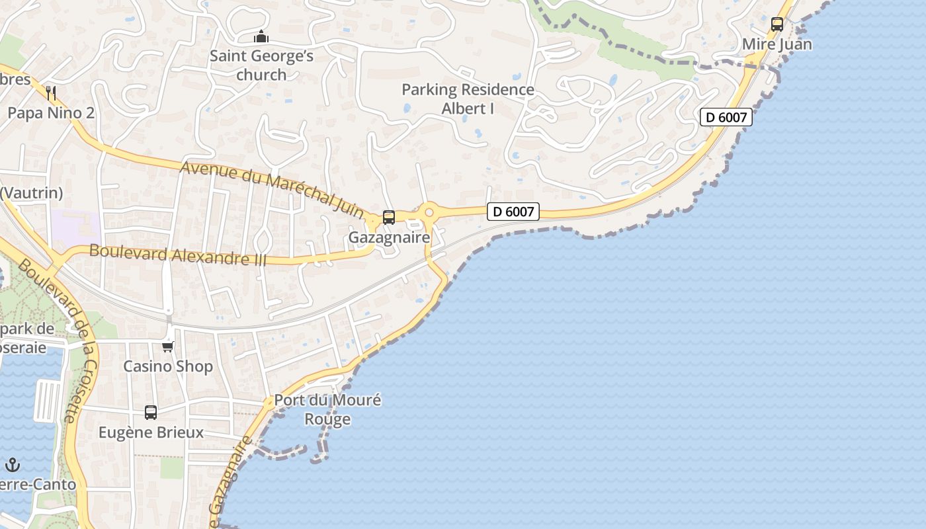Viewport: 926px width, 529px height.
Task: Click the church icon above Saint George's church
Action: [x=261, y=36]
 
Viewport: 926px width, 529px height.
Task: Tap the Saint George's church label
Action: [x=261, y=65]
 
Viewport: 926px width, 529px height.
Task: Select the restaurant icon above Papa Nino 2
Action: [x=51, y=93]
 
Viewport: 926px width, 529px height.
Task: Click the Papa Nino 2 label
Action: [x=51, y=113]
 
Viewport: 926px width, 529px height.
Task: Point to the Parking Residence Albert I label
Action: [x=468, y=99]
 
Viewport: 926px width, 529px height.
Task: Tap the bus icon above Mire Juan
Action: [x=777, y=24]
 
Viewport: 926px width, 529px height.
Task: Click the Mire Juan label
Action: [x=777, y=44]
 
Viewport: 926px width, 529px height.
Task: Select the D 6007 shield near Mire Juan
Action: [x=726, y=118]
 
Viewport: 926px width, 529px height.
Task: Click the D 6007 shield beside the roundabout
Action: [x=513, y=212]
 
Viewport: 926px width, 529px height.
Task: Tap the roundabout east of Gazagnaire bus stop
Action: [x=429, y=212]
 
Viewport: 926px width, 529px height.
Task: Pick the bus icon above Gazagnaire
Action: [x=389, y=218]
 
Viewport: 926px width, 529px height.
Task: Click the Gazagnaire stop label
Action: [x=389, y=237]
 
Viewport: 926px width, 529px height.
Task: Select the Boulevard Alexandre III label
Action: [x=178, y=255]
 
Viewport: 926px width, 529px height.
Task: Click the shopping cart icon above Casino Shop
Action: [x=168, y=346]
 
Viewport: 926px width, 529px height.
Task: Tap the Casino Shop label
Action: [x=168, y=366]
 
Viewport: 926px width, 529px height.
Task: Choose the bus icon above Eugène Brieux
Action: [x=151, y=413]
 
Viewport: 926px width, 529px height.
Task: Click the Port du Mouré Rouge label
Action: [x=327, y=409]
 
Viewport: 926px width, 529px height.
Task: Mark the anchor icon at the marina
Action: [x=13, y=465]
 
